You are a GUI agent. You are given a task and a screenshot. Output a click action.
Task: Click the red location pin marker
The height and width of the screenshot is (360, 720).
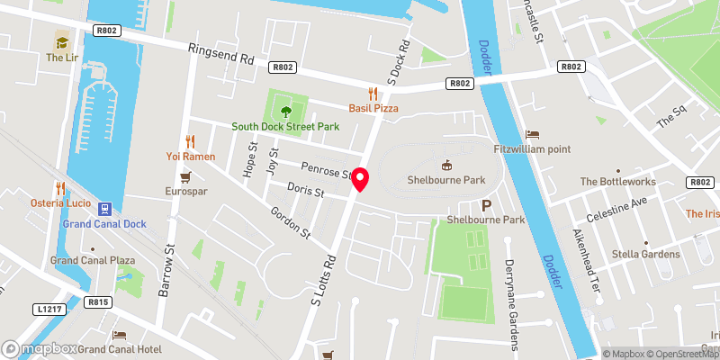pos(360,179)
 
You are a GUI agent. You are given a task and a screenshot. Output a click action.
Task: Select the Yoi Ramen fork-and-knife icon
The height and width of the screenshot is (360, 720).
pos(190,140)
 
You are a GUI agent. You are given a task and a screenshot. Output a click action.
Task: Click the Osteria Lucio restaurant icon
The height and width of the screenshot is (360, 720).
pos(60,188)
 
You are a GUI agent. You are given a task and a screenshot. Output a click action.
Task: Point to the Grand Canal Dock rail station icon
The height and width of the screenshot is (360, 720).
pos(104,207)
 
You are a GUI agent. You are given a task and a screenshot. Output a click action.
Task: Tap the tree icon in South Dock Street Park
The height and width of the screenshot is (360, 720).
pos(285,112)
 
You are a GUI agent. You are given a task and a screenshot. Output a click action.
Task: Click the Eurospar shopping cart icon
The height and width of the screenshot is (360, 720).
pos(186,176)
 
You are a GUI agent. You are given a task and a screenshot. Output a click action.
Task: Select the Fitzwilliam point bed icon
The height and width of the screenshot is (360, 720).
pos(532,133)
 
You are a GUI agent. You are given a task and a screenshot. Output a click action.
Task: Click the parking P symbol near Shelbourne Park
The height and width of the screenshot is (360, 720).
pos(486,205)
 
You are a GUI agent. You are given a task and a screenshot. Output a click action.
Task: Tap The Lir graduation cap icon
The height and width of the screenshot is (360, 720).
pos(62,40)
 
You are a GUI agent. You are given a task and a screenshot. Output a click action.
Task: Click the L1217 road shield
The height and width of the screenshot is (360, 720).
pos(51,309)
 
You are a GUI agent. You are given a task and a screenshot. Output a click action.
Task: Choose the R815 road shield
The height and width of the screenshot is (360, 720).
pos(98,302)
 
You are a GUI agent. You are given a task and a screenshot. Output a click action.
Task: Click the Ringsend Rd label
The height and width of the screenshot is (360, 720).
pos(221,55)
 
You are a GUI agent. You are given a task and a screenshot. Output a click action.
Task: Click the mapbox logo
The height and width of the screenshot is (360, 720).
pos(40,348)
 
